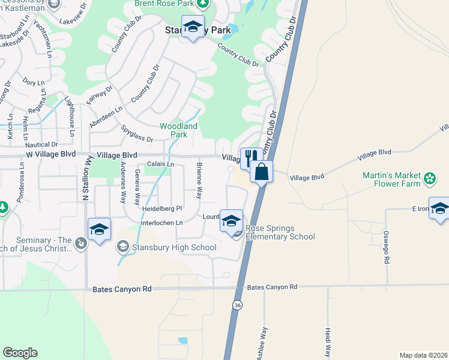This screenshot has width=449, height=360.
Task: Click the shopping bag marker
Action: click(262, 172)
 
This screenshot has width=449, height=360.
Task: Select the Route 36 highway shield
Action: click(238, 305)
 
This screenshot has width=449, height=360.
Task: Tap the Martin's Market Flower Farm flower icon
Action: click(429, 178)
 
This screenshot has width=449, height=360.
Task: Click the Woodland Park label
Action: click(178, 130)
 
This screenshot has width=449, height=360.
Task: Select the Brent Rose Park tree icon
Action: click(203, 3)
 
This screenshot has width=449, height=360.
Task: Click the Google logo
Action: click(20, 353)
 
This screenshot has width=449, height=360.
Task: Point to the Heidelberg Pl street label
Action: click(162, 209)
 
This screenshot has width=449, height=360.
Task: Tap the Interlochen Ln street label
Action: click(161, 223)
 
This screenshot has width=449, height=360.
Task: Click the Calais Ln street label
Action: click(161, 164)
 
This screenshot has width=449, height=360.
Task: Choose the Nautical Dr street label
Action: click(41, 145)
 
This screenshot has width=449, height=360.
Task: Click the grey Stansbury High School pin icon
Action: click(123, 247)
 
